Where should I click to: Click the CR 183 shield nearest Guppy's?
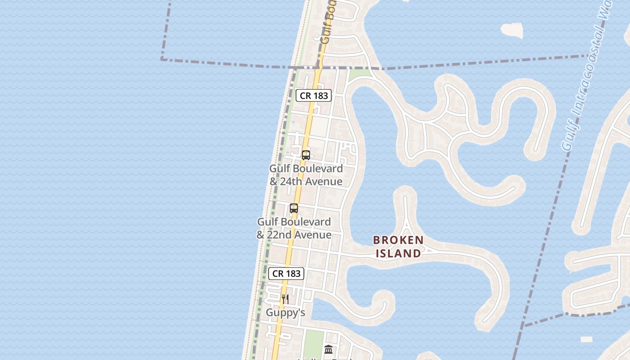coord(286,273)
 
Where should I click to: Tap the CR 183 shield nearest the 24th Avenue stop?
coord(314,95)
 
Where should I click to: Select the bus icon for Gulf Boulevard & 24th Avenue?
coord(306,155)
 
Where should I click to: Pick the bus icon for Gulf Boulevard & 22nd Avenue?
coord(294,208)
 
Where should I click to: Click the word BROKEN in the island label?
coord(398,240)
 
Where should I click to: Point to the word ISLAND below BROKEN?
coord(398,253)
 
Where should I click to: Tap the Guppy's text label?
coord(285,312)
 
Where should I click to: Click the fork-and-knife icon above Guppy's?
coord(285,299)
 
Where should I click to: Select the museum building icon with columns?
coord(328,349)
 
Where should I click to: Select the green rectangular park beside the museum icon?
coord(313,344)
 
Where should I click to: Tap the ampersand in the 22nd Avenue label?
coord(261,235)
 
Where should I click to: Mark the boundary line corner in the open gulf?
coord(162,58)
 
